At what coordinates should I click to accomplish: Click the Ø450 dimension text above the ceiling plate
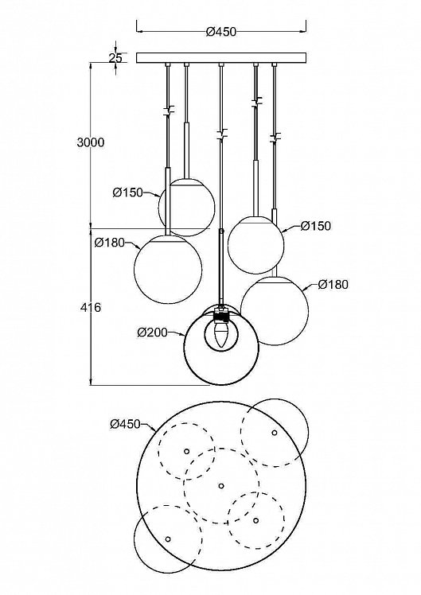pos(221,32)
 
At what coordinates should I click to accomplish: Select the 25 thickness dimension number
pos(115,58)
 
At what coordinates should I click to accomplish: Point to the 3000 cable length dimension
pos(91,142)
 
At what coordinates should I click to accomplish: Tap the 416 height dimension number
pos(91,307)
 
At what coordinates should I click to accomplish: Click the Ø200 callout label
pos(152,332)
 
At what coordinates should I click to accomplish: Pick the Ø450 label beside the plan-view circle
pos(125,424)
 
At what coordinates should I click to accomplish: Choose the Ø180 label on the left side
pos(110,242)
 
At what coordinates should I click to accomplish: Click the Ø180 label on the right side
pos(333,284)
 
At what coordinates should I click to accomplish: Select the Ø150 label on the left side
pos(127,192)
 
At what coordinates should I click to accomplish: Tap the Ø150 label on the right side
pos(316,226)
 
